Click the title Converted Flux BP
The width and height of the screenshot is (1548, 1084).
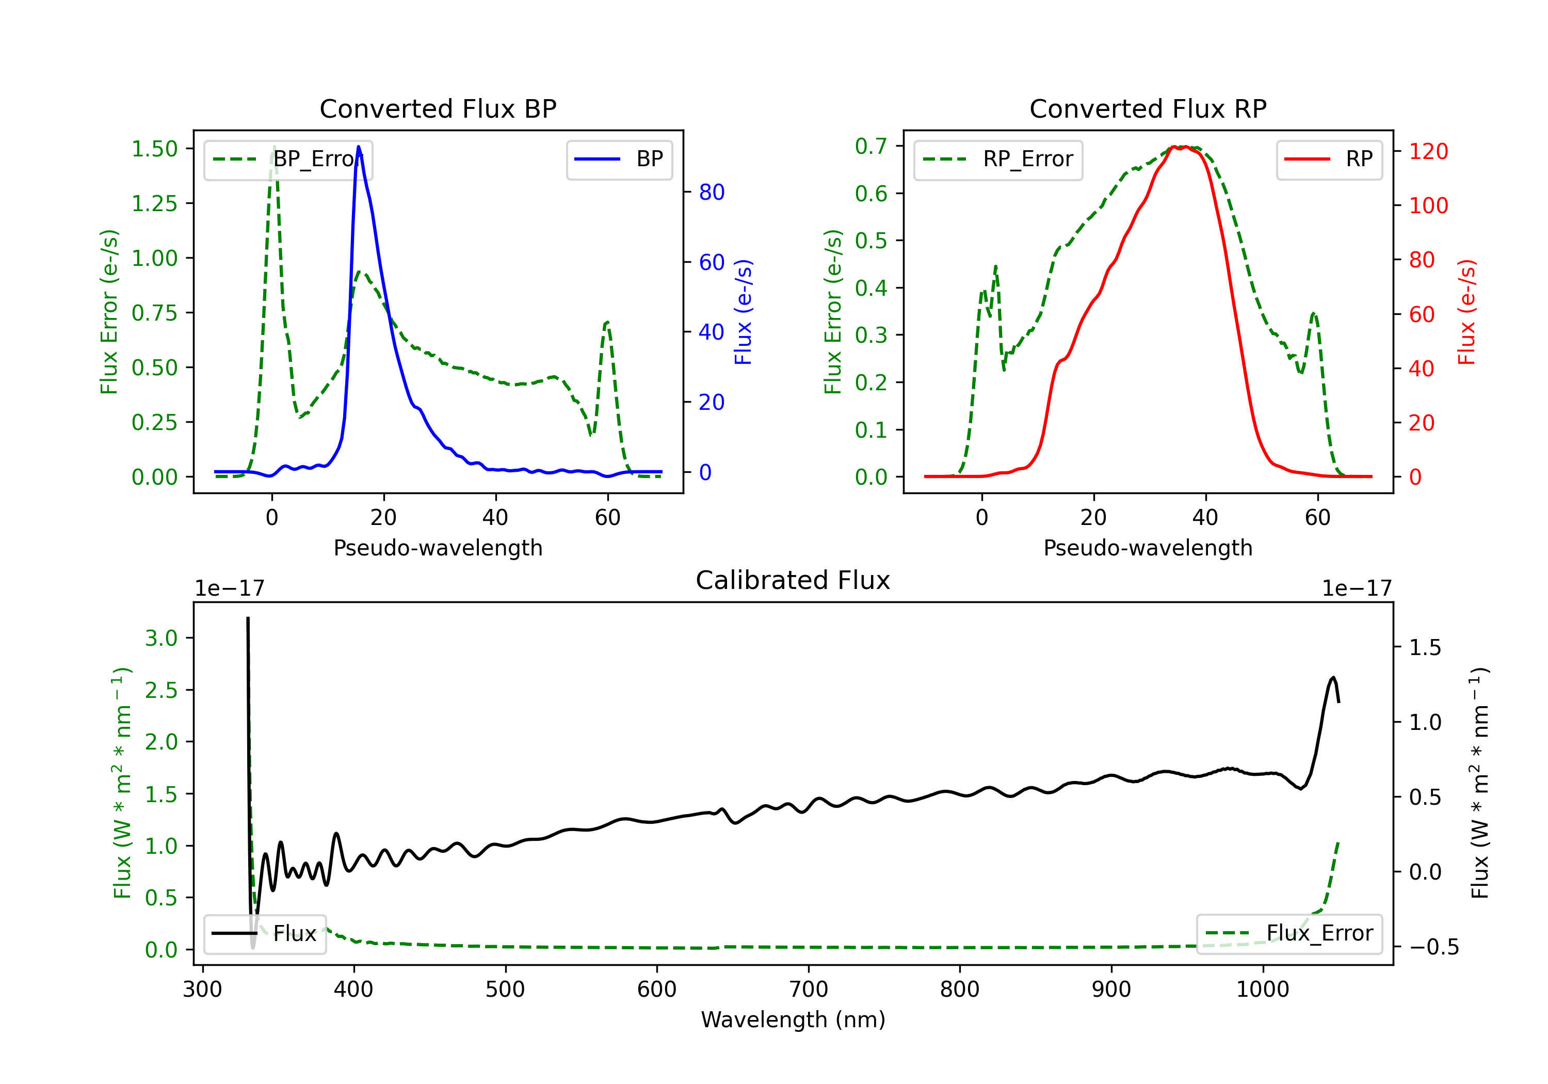[438, 108]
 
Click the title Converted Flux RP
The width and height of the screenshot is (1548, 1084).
[1148, 108]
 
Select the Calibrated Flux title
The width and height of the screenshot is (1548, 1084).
[793, 580]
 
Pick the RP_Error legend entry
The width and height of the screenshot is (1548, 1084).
[998, 159]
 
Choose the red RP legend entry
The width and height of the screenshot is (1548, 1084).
[1329, 159]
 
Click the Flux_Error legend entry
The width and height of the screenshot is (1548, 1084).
[1289, 934]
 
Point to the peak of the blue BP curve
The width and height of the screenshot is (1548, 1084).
[359, 147]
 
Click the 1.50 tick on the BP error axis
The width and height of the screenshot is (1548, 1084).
[154, 149]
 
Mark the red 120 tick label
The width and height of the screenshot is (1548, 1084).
[1429, 151]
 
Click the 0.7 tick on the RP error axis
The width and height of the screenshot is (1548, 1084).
[870, 146]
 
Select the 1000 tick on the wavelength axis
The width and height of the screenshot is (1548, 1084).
[1263, 990]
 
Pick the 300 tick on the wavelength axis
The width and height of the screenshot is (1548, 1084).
[203, 990]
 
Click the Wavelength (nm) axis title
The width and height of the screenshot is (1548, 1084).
[793, 1020]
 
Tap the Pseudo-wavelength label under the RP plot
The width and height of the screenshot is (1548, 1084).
[1148, 548]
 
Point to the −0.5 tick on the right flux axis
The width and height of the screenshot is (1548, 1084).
[1434, 947]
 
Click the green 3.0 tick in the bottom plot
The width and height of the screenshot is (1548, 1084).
[161, 638]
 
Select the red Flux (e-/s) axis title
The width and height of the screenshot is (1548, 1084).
[1467, 312]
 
